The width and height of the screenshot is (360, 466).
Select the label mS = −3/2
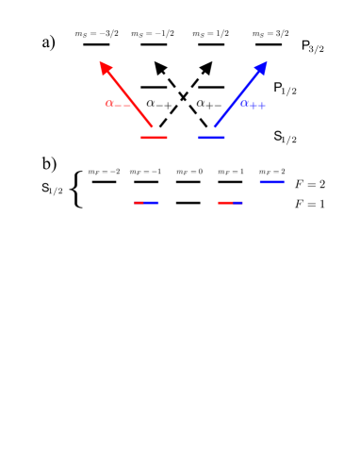(97, 32)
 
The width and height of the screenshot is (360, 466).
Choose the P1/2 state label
(286, 88)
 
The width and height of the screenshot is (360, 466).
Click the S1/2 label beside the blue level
(286, 137)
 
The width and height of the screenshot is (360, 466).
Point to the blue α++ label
(253, 103)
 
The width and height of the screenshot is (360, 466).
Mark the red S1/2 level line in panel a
(154, 138)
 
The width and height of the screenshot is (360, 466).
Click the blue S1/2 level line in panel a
(211, 138)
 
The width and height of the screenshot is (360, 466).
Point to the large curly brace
(77, 191)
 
